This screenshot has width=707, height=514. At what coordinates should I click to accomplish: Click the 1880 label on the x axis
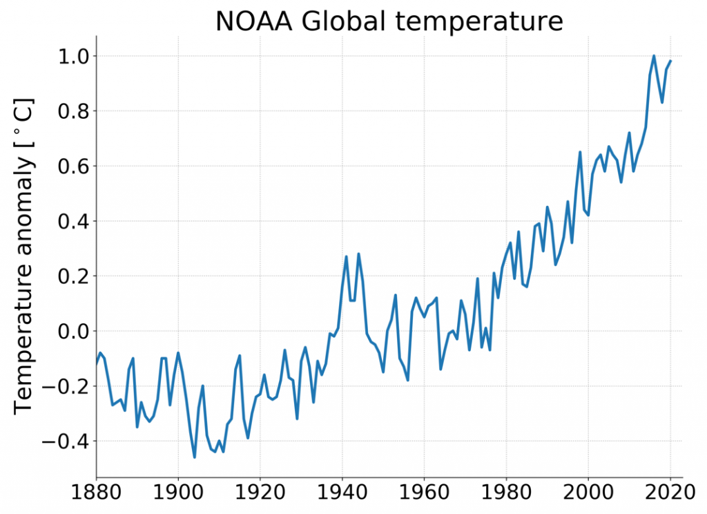[96, 495]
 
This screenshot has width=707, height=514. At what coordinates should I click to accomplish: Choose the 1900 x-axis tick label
[178, 495]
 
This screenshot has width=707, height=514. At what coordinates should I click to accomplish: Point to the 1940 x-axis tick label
[342, 495]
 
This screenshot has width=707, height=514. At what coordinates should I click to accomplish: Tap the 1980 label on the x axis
[506, 495]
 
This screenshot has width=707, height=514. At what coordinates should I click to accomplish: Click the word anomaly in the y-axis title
[24, 232]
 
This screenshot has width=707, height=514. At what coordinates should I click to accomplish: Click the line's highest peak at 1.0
[654, 56]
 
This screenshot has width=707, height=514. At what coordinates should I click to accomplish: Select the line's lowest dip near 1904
[195, 457]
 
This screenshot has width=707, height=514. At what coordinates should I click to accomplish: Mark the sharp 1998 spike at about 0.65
[580, 152]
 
